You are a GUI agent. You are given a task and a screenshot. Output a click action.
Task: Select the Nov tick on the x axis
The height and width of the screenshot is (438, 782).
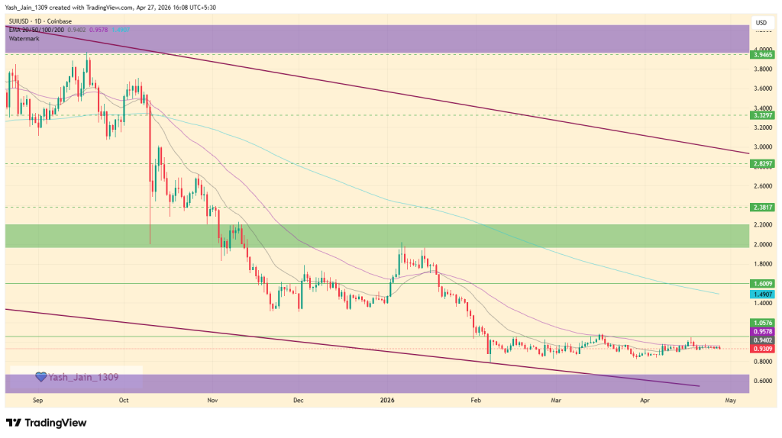(212, 399)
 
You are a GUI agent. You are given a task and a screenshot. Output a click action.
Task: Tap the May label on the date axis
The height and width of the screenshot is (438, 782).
(729, 399)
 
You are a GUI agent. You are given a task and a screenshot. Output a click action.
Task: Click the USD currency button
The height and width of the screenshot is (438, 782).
(761, 23)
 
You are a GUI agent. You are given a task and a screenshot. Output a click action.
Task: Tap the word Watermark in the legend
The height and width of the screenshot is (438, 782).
(25, 37)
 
